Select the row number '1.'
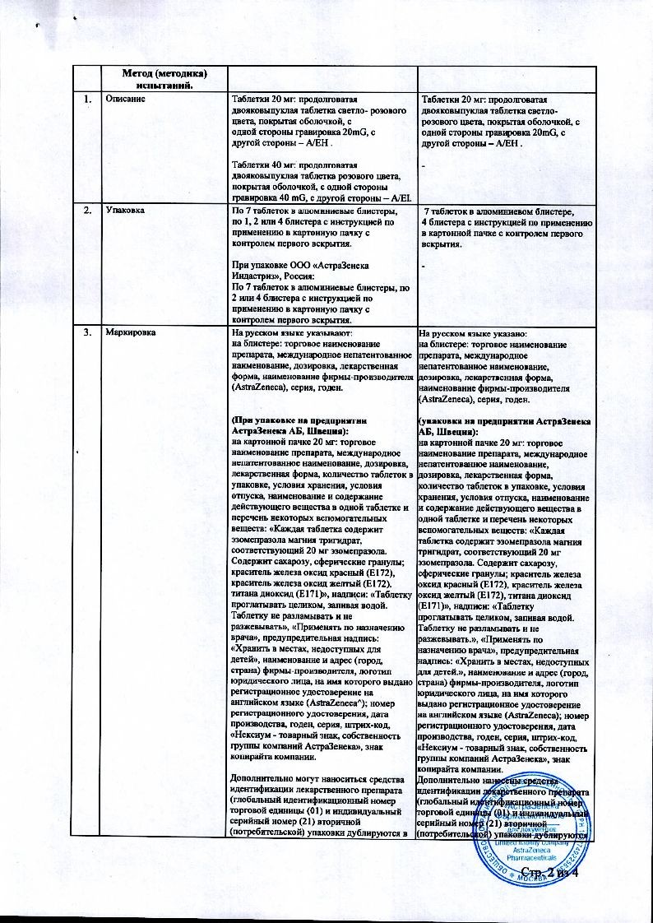pos(87,99)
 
